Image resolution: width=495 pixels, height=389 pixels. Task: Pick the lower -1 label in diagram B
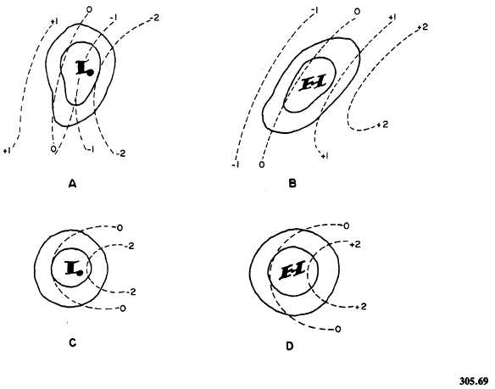tap(234, 164)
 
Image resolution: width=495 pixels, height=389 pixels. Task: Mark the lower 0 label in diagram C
tap(123, 308)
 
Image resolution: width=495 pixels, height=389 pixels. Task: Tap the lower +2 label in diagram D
tap(363, 305)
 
